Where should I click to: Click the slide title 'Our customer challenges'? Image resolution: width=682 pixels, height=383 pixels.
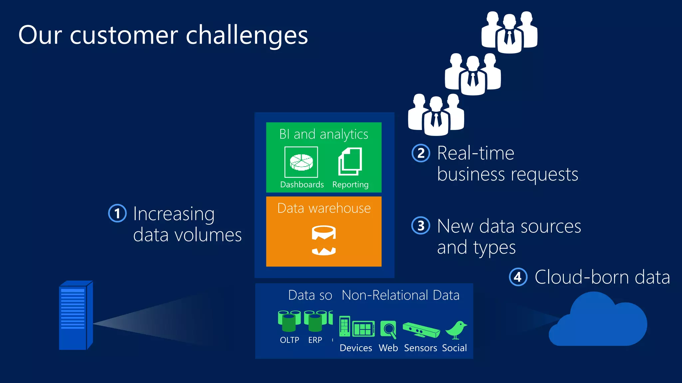[163, 35]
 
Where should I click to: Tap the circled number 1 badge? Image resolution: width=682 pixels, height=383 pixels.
[118, 213]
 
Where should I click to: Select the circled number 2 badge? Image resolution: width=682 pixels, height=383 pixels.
[421, 153]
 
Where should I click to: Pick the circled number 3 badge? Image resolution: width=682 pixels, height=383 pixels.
[421, 226]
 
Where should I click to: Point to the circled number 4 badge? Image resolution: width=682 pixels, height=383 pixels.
[518, 277]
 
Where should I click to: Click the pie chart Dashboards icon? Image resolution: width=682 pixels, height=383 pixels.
[301, 162]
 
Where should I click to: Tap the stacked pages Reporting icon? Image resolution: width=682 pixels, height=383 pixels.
[350, 162]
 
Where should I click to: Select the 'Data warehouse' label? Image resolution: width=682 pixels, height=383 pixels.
[324, 208]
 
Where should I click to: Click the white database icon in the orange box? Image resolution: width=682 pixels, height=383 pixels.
[324, 240]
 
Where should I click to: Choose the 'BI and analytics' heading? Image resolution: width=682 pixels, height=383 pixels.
[324, 134]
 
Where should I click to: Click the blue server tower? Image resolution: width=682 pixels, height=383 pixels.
[75, 316]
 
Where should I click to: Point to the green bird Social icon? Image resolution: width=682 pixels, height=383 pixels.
[456, 330]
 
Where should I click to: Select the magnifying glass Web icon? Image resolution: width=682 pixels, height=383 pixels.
[388, 329]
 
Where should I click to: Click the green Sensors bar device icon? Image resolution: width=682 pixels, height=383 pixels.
[421, 330]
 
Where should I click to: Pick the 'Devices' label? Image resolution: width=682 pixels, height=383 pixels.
[356, 348]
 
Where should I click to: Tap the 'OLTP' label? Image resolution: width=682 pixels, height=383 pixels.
[289, 340]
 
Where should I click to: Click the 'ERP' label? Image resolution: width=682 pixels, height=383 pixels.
[315, 340]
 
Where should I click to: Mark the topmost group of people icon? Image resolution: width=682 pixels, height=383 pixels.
[509, 32]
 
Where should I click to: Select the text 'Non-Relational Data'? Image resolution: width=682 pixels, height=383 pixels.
[400, 295]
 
